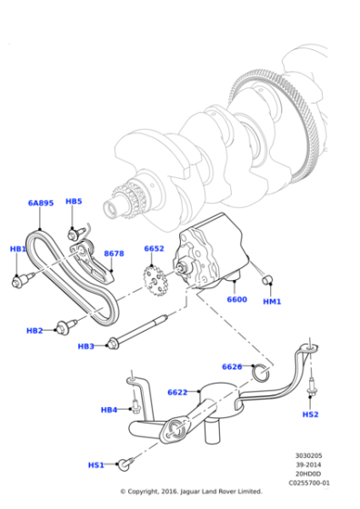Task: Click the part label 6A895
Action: (41, 204)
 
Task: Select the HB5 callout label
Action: (74, 201)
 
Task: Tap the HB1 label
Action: (18, 248)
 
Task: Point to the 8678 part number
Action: (114, 254)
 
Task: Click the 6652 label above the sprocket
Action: (154, 248)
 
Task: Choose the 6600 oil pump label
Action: (236, 299)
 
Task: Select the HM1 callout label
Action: (272, 301)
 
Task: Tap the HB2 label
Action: (35, 330)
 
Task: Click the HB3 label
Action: (86, 346)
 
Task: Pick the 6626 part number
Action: (232, 366)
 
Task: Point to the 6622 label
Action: (177, 392)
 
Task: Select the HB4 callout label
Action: (109, 410)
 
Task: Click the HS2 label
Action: (310, 414)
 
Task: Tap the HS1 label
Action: (96, 464)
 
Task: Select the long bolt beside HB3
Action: (141, 330)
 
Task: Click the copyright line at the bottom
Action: (191, 492)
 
